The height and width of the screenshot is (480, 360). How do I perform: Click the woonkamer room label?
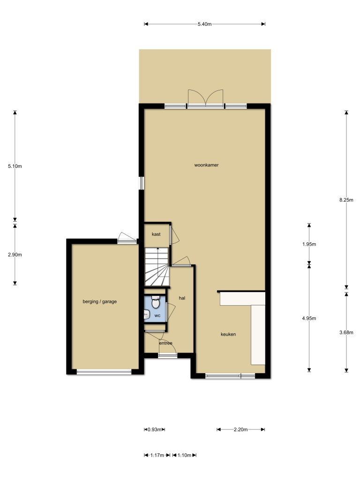[207, 165]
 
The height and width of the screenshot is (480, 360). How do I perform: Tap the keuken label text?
[228, 334]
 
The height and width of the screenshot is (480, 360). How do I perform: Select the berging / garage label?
[99, 301]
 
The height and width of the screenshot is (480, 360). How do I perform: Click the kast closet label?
[156, 233]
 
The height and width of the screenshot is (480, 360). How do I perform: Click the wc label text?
[157, 315]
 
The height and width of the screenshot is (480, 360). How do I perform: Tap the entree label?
[165, 343]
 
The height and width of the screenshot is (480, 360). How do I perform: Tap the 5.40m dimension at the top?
[204, 24]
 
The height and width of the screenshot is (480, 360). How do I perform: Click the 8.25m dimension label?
[346, 200]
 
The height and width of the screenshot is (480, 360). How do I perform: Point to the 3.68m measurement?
[346, 333]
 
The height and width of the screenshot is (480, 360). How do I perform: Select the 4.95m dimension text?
[309, 318]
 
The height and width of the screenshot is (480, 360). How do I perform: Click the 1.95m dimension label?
[309, 244]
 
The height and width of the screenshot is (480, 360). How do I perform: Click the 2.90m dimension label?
[15, 255]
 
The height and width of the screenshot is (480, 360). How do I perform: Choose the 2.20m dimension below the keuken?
[241, 429]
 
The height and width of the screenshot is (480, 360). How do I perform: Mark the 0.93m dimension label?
[155, 429]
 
